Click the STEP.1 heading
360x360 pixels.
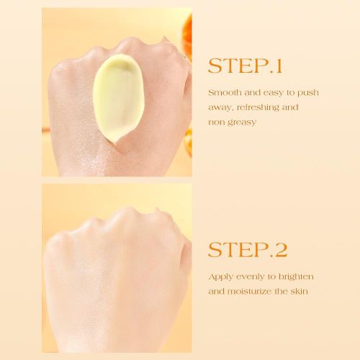tap(244, 66)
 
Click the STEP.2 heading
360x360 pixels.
tap(248, 251)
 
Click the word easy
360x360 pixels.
tap(274, 93)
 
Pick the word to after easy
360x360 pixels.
tap(290, 93)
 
